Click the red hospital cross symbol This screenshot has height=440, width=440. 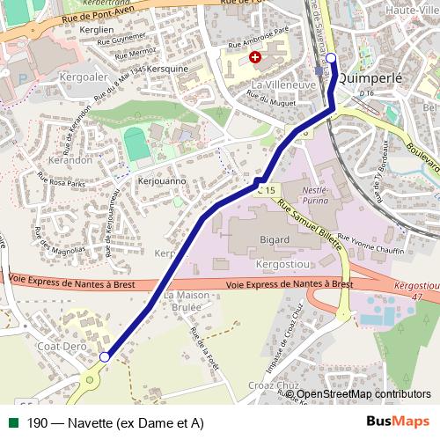pyautogui.click(x=255, y=57)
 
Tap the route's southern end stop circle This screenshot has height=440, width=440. pyautogui.click(x=105, y=356)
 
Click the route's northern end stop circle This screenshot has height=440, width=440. pyautogui.click(x=331, y=58)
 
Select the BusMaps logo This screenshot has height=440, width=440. pyautogui.click(x=398, y=422)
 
